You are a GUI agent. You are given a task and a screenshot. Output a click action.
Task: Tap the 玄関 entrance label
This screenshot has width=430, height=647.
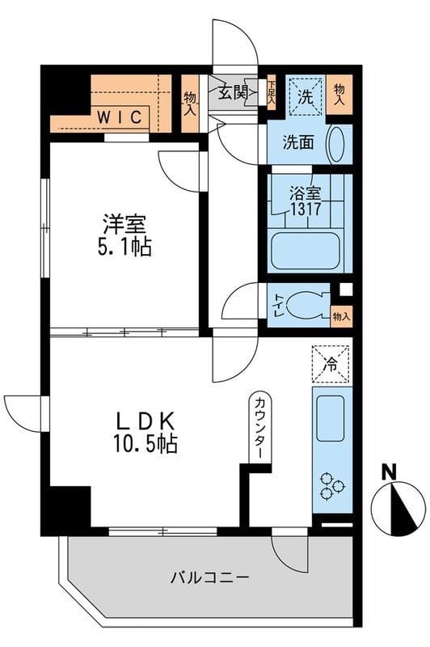[233, 92]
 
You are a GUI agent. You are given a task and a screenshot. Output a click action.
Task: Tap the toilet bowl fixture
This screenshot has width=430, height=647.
[310, 303]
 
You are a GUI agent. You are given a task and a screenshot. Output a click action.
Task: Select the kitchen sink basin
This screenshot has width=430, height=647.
[331, 418]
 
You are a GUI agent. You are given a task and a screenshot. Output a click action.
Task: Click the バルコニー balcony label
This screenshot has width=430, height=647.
[209, 578]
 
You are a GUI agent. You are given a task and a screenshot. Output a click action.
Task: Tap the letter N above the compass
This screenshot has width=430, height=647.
[390, 471]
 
